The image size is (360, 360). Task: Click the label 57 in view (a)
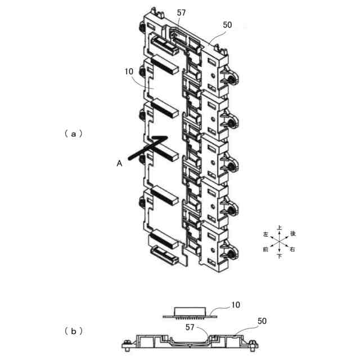(181, 12)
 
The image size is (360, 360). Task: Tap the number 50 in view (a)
(227, 25)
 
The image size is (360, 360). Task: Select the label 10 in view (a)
(129, 72)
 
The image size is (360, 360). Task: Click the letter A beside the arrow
(119, 163)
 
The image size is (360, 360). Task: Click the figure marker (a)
(74, 133)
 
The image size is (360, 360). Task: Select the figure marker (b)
(74, 331)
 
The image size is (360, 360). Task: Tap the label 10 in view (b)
(236, 305)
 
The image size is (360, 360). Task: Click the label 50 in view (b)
(262, 321)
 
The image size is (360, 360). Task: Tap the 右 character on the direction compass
(292, 250)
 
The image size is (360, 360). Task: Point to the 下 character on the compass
(280, 256)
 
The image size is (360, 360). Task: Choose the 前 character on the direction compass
(265, 250)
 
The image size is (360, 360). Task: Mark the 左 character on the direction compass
(265, 233)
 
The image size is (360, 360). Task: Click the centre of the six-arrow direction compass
(279, 242)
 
